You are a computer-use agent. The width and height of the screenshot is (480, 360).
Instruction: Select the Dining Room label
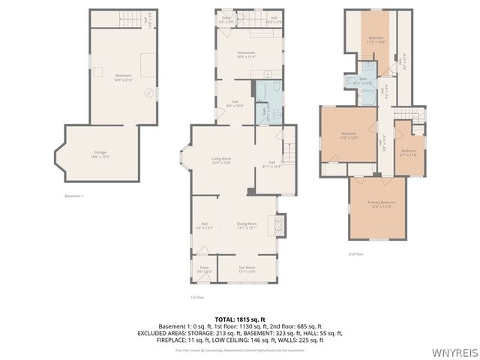[x=247, y=225]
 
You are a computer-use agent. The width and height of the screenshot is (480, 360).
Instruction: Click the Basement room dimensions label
[x=123, y=79]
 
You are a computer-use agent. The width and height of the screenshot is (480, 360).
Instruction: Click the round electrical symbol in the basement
[x=148, y=93]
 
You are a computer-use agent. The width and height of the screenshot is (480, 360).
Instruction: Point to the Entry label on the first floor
[x=226, y=19]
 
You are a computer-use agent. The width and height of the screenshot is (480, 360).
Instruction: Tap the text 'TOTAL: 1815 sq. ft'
[x=239, y=319]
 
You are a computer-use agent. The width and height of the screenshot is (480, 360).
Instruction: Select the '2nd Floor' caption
[x=355, y=254]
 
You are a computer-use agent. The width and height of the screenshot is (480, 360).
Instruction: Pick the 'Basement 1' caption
[x=75, y=196]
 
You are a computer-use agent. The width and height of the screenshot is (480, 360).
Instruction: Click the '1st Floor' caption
[x=198, y=297]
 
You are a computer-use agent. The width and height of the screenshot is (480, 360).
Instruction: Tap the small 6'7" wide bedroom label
[x=408, y=152]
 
